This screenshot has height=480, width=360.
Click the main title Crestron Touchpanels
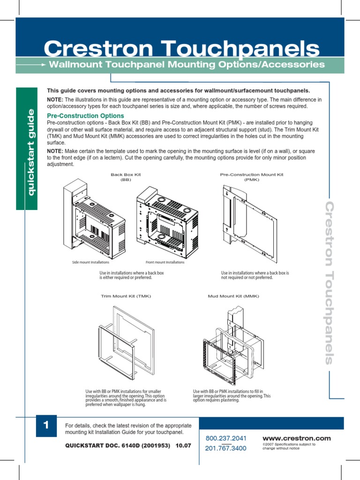tap(182, 48)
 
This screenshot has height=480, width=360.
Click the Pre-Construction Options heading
tap(86, 115)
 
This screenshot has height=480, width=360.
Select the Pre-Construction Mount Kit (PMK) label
tap(252, 177)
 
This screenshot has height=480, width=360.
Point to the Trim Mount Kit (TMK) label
tap(126, 296)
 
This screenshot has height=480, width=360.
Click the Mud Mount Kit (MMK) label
tap(233, 296)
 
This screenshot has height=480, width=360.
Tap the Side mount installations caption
tap(91, 262)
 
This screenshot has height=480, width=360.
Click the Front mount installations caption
tap(165, 262)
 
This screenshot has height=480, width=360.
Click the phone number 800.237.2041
tap(226, 438)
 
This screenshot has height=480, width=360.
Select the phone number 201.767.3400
tap(226, 449)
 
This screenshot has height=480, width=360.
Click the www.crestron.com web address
tap(296, 438)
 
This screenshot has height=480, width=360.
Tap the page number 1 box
tap(46, 426)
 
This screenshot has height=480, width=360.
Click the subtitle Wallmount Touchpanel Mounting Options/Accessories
tap(187, 64)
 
